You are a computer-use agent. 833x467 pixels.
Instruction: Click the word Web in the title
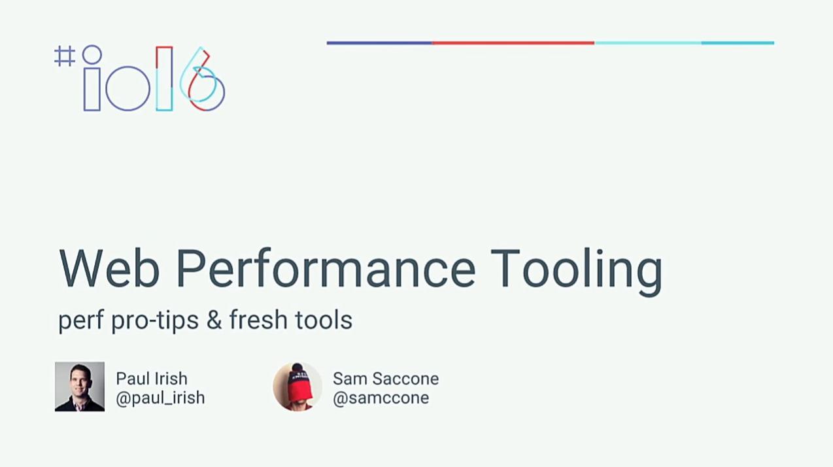pyautogui.click(x=109, y=268)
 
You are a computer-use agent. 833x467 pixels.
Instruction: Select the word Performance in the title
pyautogui.click(x=326, y=268)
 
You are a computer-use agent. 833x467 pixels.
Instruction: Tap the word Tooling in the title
pyautogui.click(x=577, y=271)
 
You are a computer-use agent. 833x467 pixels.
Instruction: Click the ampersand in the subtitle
pyautogui.click(x=214, y=320)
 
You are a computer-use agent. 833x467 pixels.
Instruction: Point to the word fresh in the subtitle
pyautogui.click(x=258, y=319)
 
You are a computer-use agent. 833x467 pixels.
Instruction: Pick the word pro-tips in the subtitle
pyautogui.click(x=155, y=320)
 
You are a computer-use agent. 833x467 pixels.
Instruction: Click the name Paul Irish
pyautogui.click(x=152, y=379)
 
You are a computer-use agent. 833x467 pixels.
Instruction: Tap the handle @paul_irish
pyautogui.click(x=160, y=398)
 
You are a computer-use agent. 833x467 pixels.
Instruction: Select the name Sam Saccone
pyautogui.click(x=386, y=379)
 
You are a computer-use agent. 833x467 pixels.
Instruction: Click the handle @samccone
pyautogui.click(x=381, y=398)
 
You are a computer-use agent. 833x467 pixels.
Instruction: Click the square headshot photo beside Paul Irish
pyautogui.click(x=80, y=387)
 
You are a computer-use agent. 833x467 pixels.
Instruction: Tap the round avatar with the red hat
pyautogui.click(x=297, y=387)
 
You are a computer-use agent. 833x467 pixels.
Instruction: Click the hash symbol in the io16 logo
pyautogui.click(x=65, y=56)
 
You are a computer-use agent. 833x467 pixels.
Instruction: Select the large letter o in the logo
pyautogui.click(x=106, y=88)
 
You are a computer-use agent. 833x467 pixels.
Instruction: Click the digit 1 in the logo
pyautogui.click(x=157, y=78)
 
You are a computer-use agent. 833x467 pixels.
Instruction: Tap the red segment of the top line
pyautogui.click(x=513, y=43)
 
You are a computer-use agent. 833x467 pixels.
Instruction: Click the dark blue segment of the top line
pyautogui.click(x=379, y=43)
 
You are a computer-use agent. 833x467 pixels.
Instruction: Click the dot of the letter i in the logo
pyautogui.click(x=82, y=54)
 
